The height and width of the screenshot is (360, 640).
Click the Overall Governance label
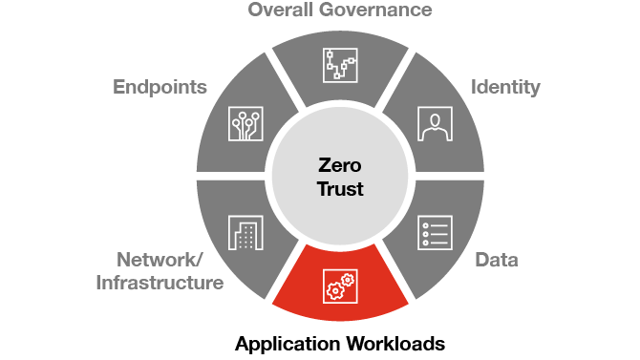point(339,11)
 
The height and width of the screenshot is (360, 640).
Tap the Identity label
point(505,88)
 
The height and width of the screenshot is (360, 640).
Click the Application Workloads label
point(340,343)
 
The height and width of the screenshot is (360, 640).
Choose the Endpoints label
point(160,88)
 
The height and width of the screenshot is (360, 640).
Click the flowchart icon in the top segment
point(339,64)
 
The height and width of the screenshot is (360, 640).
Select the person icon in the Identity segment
point(435,123)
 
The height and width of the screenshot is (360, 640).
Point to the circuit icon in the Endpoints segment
point(245,123)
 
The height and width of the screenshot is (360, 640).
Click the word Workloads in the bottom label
point(393,343)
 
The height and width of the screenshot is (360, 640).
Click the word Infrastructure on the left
point(160,283)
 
